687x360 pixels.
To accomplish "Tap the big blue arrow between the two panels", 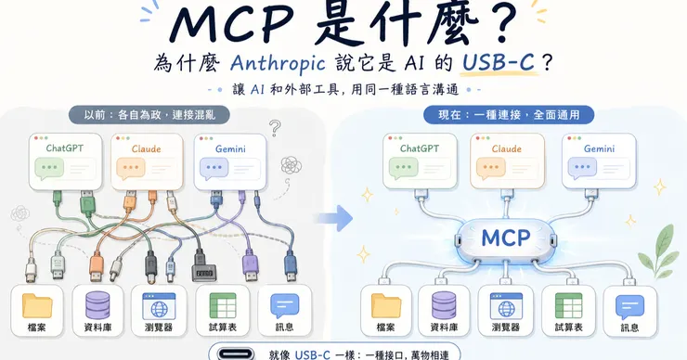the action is click(335, 218).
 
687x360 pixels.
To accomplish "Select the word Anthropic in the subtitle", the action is click(278, 63).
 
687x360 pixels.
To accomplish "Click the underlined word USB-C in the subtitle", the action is click(499, 62).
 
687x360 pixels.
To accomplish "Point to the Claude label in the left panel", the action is click(146, 148).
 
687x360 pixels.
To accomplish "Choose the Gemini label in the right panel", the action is click(599, 148).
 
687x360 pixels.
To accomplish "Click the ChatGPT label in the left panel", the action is click(65, 148).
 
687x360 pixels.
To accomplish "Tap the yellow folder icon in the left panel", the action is click(37, 305).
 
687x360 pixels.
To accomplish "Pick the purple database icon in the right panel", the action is click(444, 305).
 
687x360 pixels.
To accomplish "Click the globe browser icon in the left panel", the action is click(159, 306).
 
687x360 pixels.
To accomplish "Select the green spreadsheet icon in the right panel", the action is click(569, 305).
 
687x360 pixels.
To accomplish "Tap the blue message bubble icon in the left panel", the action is click(285, 306).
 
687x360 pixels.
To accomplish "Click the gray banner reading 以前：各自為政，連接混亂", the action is click(149, 115).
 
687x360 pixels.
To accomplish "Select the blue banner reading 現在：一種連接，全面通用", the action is click(509, 115).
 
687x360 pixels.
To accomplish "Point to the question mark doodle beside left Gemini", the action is click(275, 128).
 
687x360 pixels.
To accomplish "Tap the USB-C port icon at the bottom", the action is click(237, 354).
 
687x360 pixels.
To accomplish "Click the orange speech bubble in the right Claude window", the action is click(491, 169).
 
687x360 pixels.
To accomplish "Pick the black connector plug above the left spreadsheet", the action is click(203, 266).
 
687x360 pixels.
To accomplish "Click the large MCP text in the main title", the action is click(232, 25).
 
